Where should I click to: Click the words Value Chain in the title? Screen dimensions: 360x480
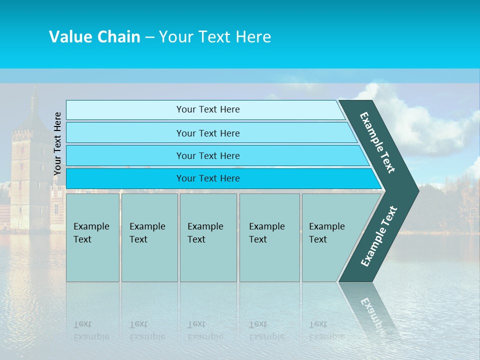[94, 37]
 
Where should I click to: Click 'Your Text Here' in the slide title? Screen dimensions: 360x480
[215, 37]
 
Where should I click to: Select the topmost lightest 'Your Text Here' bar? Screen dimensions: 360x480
[208, 109]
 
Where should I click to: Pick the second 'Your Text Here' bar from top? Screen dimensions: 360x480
[208, 133]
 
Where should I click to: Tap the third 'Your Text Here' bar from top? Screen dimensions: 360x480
[208, 155]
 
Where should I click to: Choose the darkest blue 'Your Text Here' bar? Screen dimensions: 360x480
[208, 178]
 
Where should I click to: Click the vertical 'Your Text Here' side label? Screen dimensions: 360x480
[57, 143]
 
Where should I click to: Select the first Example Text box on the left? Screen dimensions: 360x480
[92, 237]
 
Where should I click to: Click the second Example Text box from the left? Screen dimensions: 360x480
[149, 237]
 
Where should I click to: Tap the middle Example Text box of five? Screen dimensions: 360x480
[208, 237]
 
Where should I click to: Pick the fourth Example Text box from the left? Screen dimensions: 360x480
[269, 237]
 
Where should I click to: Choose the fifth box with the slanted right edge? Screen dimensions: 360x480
[330, 237]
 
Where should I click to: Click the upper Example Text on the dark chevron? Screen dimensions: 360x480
[377, 142]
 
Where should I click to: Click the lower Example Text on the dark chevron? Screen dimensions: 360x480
[379, 236]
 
